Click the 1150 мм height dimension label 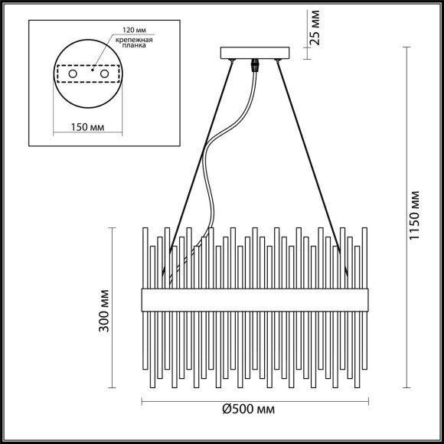coord(414,215)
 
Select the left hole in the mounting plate coord(73,73)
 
